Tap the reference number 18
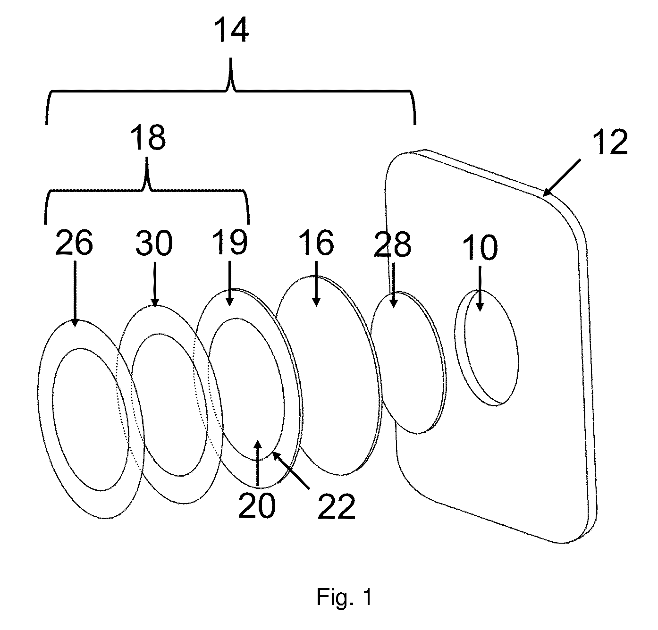[x=148, y=137]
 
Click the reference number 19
[x=230, y=243]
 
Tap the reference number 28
[x=393, y=245]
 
